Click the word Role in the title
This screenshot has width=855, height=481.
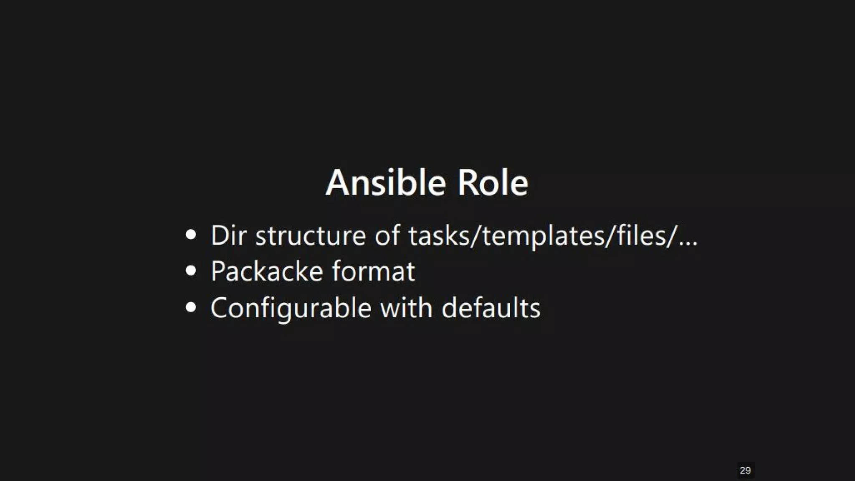tap(493, 183)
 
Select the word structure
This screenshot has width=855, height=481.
tap(311, 235)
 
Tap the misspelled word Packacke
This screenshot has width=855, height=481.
tap(267, 271)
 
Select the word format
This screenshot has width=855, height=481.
tap(374, 271)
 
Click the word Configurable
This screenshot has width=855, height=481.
tap(291, 308)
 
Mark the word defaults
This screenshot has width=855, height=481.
tap(491, 308)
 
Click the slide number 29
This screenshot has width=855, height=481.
tap(745, 471)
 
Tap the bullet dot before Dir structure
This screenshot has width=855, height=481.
tap(191, 235)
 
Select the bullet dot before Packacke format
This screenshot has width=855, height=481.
tap(191, 271)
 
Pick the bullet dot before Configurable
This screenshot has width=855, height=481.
tap(191, 308)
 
